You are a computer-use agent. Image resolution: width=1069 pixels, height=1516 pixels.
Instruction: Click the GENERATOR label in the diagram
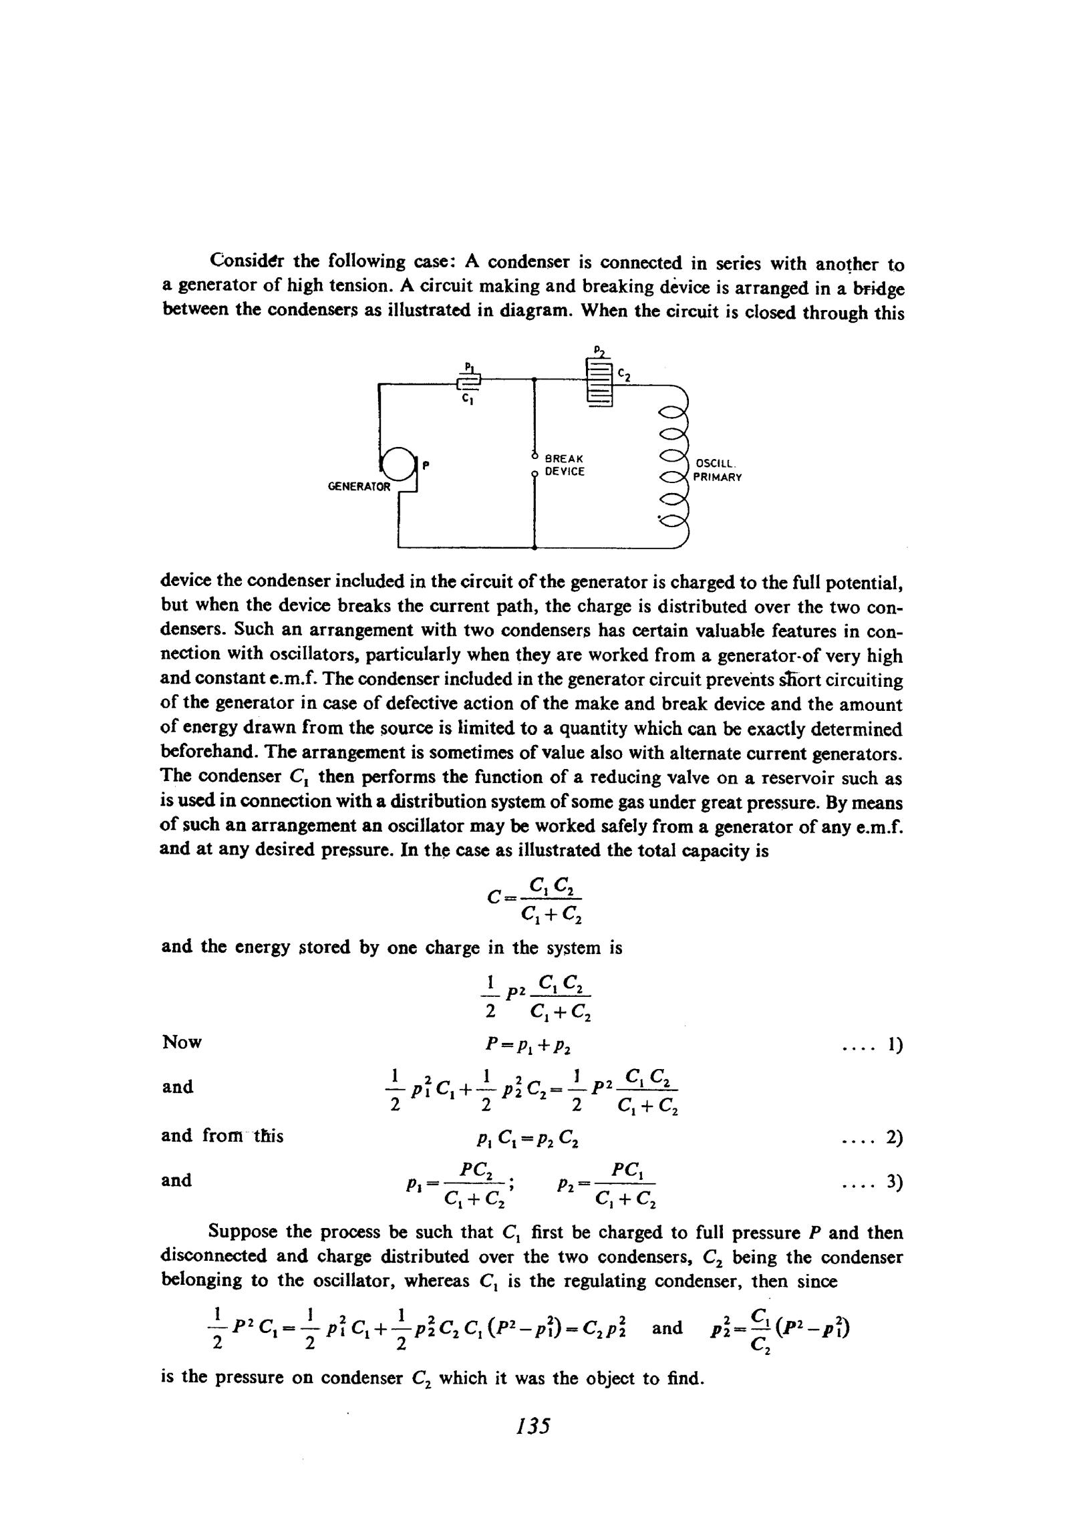pos(359,486)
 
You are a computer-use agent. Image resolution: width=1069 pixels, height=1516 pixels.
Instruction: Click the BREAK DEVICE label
pos(565,465)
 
